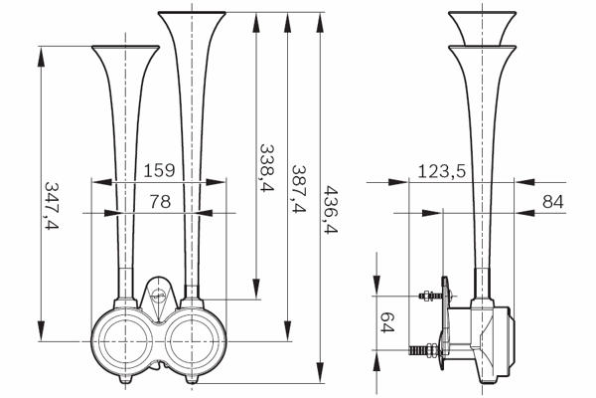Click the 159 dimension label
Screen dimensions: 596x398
coord(159,170)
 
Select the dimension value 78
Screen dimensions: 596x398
coord(160,201)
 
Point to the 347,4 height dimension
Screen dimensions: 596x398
coord(52,206)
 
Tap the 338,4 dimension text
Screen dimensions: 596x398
coord(267,167)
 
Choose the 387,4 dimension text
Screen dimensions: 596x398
coord(299,188)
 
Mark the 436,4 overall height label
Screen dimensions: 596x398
coord(331,210)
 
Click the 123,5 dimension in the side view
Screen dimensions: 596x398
coord(442,171)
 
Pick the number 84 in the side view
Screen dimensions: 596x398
coord(553,201)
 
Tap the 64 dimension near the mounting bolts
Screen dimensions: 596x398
coord(387,322)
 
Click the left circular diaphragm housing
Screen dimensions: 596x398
coord(125,341)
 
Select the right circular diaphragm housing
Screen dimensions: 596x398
coord(192,341)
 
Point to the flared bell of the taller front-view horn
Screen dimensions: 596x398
coord(192,23)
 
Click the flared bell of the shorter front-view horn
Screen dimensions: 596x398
coord(125,57)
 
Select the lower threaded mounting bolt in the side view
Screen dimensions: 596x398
coord(425,349)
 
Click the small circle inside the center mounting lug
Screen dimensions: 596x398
coord(159,295)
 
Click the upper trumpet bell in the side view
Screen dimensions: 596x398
coord(482,28)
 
